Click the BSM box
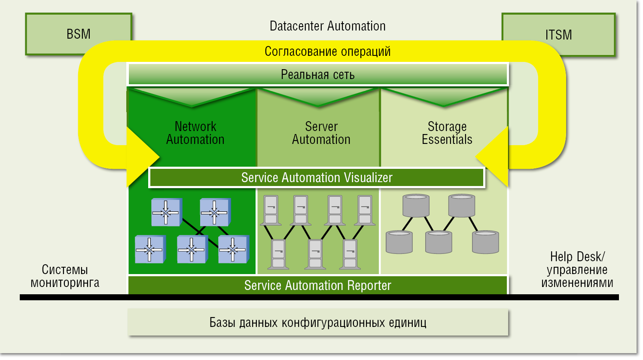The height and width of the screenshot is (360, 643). point(78,34)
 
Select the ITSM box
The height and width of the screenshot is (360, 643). point(558,34)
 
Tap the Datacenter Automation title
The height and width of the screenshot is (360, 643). point(327,26)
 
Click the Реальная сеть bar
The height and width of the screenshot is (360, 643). point(317,75)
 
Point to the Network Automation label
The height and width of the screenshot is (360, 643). point(195,133)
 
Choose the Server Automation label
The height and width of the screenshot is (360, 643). point(321,133)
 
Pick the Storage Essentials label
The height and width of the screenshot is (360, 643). point(447,133)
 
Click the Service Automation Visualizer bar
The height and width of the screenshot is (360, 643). point(317,177)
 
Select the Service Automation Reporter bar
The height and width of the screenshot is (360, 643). point(317,285)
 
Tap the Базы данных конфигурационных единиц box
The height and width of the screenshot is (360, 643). point(317,322)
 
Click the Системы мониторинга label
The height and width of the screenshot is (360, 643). point(65,276)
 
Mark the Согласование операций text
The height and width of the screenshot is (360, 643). point(327,52)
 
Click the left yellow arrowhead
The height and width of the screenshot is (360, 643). point(142,157)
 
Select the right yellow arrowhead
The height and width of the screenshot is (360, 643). point(494,156)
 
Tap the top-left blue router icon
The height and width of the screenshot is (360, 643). point(166,212)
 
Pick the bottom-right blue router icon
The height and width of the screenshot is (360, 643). point(233,249)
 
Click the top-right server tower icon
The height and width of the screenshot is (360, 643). point(365,210)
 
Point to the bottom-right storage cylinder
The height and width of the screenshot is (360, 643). point(485,242)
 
